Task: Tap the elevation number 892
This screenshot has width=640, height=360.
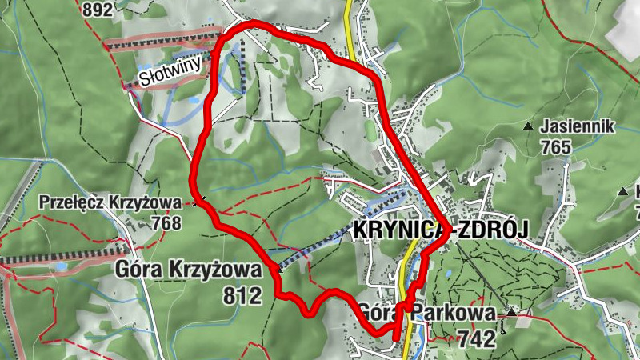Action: click(98, 10)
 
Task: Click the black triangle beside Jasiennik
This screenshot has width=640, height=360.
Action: click(528, 126)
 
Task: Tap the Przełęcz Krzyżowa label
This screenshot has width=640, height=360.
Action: click(110, 202)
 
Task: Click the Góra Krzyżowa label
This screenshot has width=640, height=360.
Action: click(189, 270)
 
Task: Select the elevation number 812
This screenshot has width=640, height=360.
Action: click(244, 295)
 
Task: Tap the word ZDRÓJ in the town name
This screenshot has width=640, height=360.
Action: click(493, 232)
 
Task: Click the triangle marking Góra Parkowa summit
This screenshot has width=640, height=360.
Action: click(510, 311)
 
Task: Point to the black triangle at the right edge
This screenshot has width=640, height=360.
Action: click(623, 191)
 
